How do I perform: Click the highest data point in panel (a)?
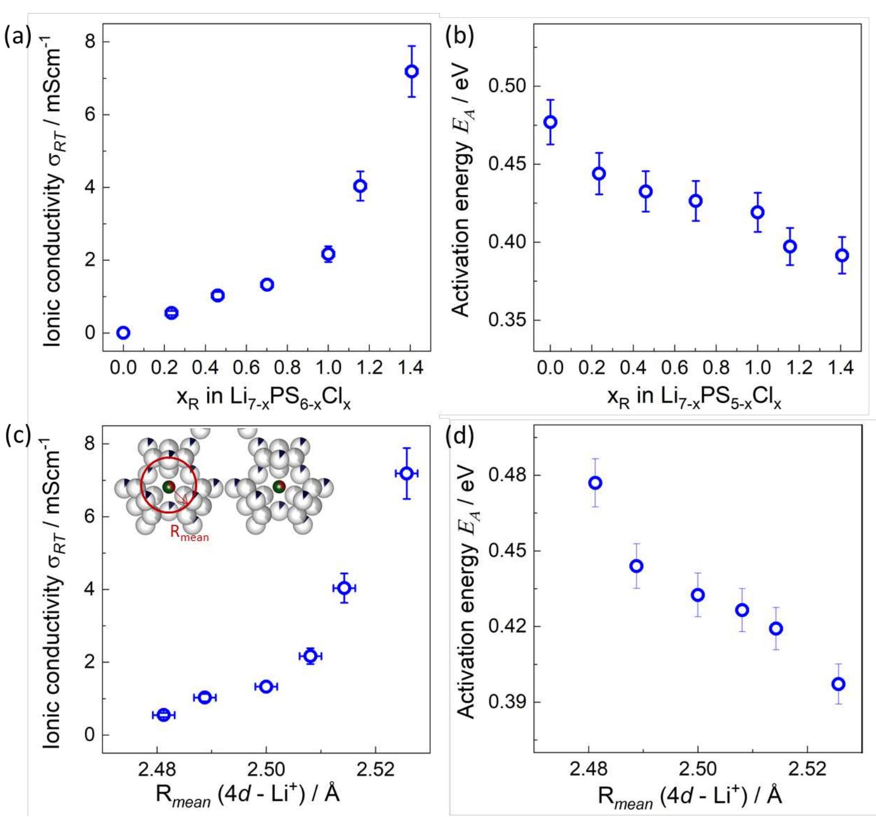click(411, 71)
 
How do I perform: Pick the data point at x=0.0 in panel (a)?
click(124, 332)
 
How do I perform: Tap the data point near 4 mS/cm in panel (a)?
click(360, 186)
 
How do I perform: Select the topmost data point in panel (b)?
click(550, 122)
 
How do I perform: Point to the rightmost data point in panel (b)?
click(841, 256)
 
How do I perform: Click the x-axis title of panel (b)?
click(694, 398)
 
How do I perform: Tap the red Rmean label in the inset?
click(189, 533)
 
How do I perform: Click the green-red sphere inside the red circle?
click(168, 487)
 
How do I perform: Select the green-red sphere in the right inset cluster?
click(279, 487)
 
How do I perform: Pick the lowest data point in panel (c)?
click(164, 715)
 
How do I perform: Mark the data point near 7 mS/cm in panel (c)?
click(406, 474)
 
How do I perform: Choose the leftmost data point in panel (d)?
click(595, 483)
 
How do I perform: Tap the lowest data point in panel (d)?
click(839, 684)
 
